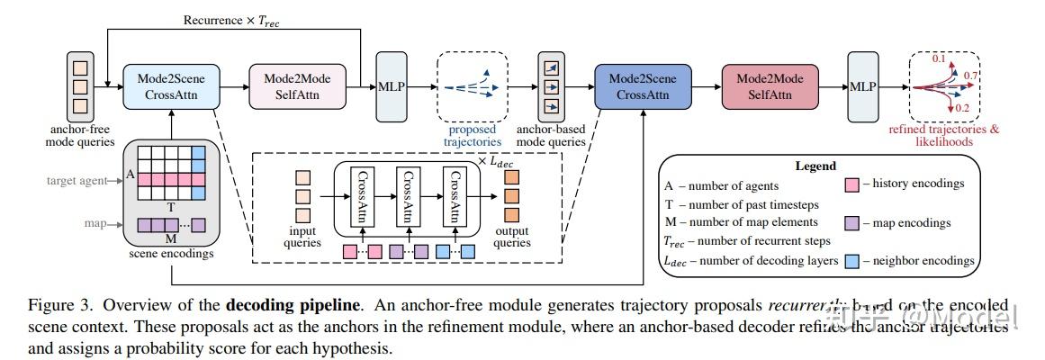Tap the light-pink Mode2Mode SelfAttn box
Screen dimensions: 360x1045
pos(297,86)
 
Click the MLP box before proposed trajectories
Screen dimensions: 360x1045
pos(391,87)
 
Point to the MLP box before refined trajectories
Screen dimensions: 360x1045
pos(865,87)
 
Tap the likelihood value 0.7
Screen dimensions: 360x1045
pos(971,75)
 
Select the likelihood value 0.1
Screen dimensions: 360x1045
pos(939,58)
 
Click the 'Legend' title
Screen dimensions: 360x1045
pos(815,166)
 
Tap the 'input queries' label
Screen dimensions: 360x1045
pos(303,236)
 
